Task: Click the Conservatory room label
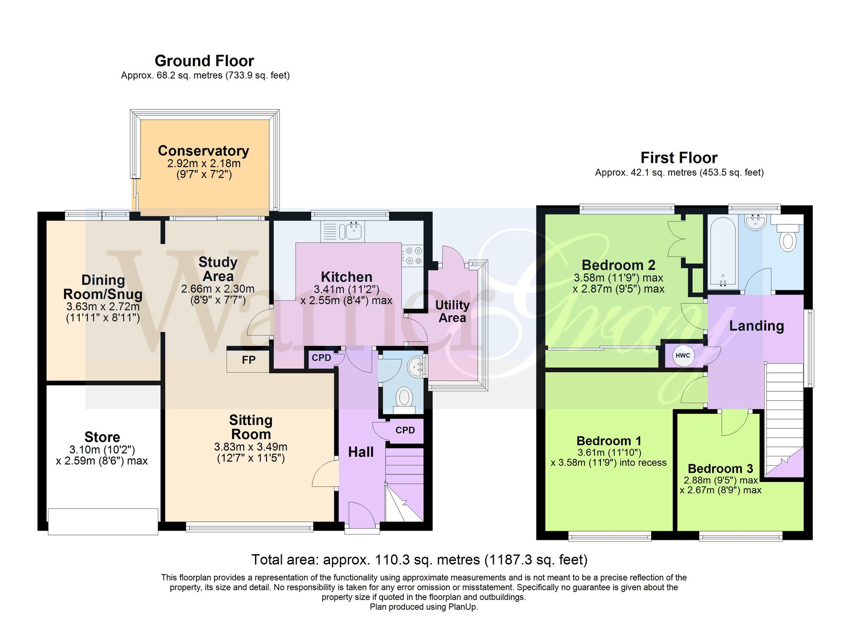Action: point(204,151)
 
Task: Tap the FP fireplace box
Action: point(248,360)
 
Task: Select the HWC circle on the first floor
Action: point(683,356)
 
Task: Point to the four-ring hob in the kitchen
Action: point(412,256)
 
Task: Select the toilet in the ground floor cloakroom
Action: point(404,400)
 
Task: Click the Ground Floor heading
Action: point(204,61)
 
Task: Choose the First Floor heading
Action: point(679,158)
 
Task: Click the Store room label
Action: point(102,437)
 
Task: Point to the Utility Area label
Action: point(452,311)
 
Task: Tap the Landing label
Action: point(756,326)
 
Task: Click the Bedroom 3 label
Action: point(720,469)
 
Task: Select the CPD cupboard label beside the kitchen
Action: point(321,357)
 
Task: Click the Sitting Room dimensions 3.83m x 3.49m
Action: point(251,447)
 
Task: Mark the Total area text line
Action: point(419,560)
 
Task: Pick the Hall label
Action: point(361,452)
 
